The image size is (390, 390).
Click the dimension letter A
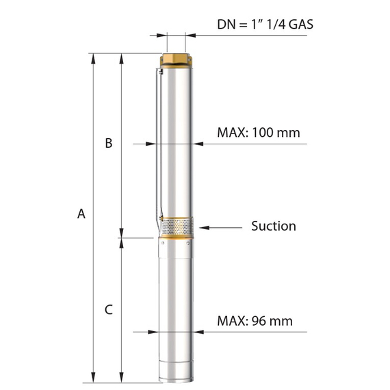pos(81,213)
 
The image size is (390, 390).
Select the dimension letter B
pos(109,143)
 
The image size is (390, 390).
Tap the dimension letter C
pos(109,310)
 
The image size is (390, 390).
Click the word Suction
pos(274,226)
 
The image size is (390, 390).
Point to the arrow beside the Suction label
pos(220,228)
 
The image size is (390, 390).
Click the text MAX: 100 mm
pos(259,132)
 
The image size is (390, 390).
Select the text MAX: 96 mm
pos(255,321)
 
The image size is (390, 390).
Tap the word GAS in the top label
pos(301,25)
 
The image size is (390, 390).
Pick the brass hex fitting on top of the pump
pos(176,60)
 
